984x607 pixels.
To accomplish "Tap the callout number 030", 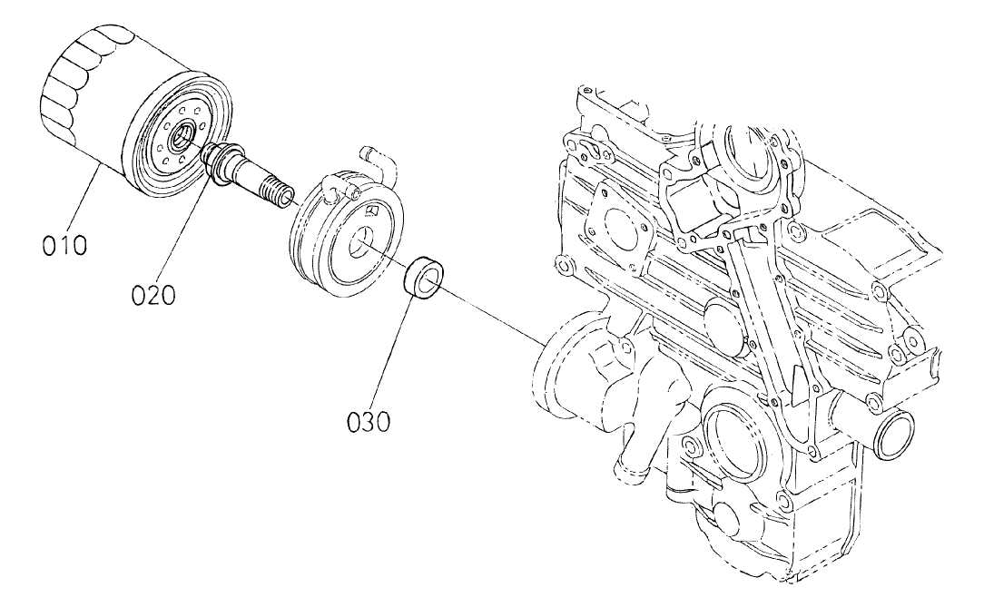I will (x=369, y=421).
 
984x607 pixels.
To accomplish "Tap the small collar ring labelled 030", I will (x=423, y=276).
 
